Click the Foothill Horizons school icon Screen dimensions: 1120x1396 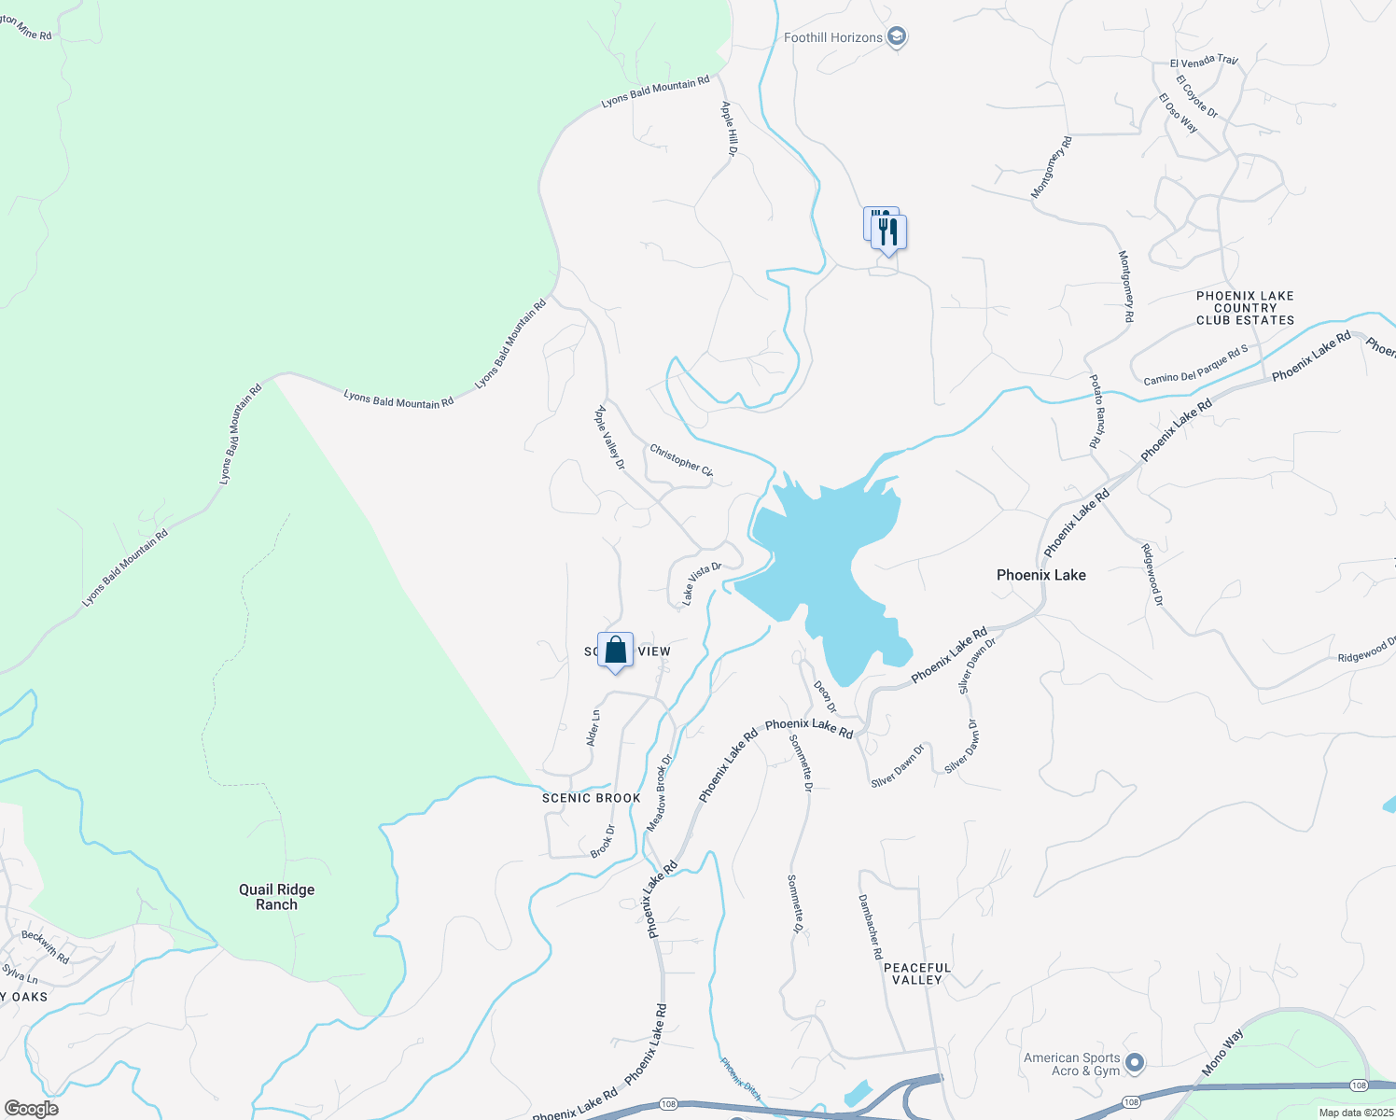pos(897,37)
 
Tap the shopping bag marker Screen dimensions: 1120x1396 pos(615,650)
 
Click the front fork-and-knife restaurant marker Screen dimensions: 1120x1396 pos(889,232)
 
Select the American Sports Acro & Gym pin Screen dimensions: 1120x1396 pos(1135,1063)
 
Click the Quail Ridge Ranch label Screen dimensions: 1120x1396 pos(277,897)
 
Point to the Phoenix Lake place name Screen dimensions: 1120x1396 pos(1041,575)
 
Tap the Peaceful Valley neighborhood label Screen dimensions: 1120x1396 pos(917,973)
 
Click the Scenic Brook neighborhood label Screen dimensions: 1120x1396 pos(592,798)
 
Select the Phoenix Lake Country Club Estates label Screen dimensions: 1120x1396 pos(1245,308)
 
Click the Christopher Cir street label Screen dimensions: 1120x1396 pos(681,461)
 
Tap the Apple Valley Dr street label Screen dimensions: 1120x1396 pos(610,437)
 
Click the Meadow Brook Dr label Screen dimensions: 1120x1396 pos(660,793)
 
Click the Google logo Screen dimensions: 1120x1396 pos(31,1109)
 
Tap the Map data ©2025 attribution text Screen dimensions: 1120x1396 pos(1354,1113)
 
